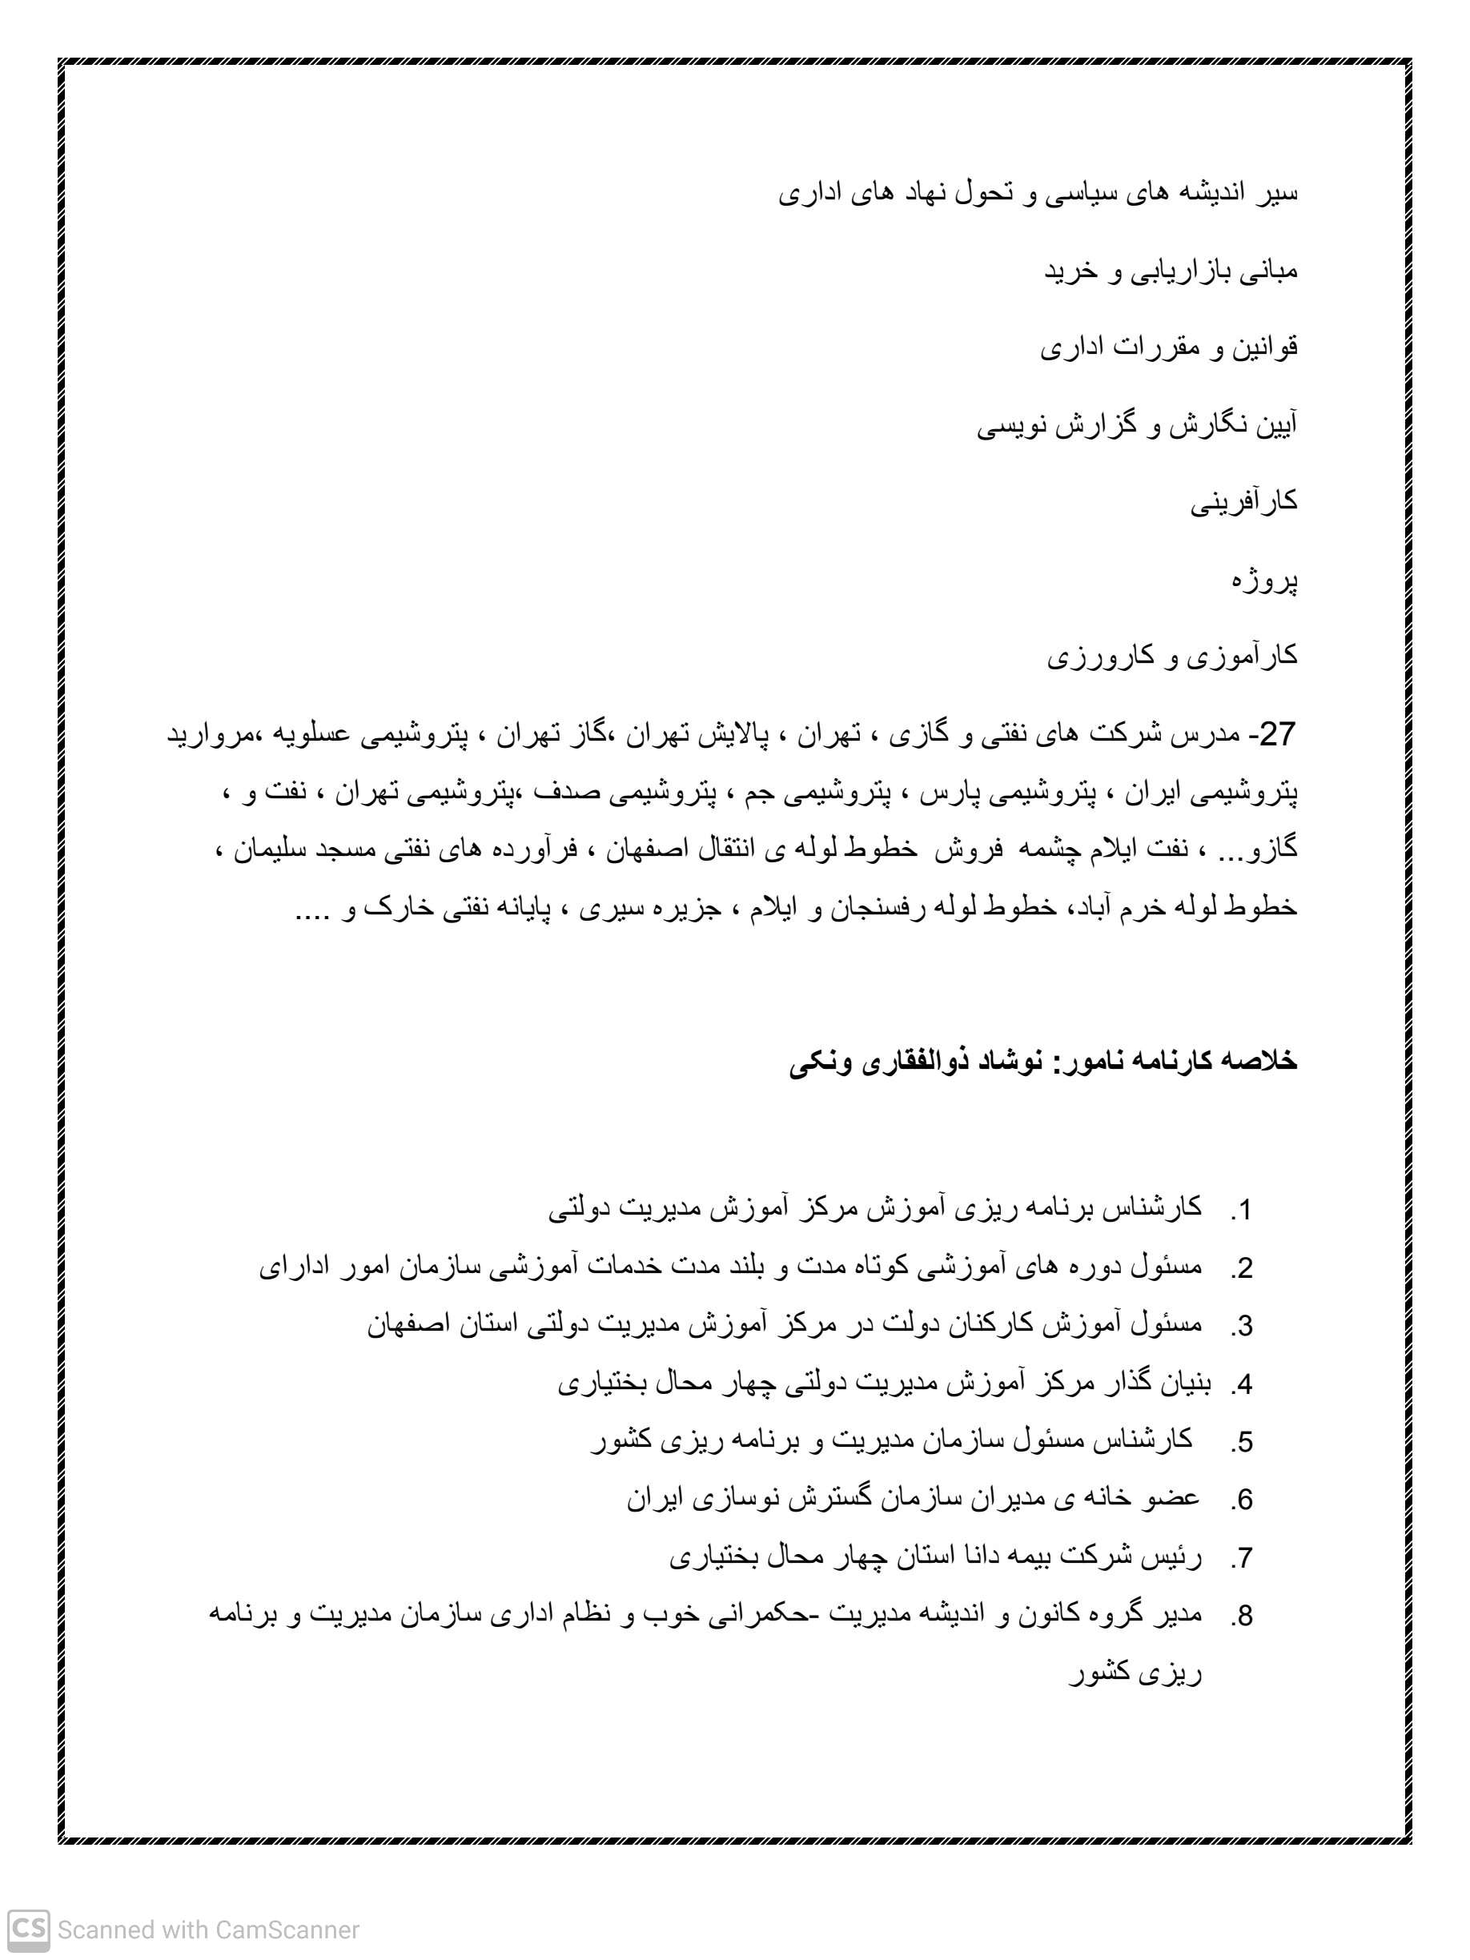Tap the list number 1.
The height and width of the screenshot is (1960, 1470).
(1243, 1210)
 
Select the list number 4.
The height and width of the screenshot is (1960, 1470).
(1243, 1384)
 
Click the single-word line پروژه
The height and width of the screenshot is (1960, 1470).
(1264, 580)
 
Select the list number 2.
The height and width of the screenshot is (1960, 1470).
(1243, 1268)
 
